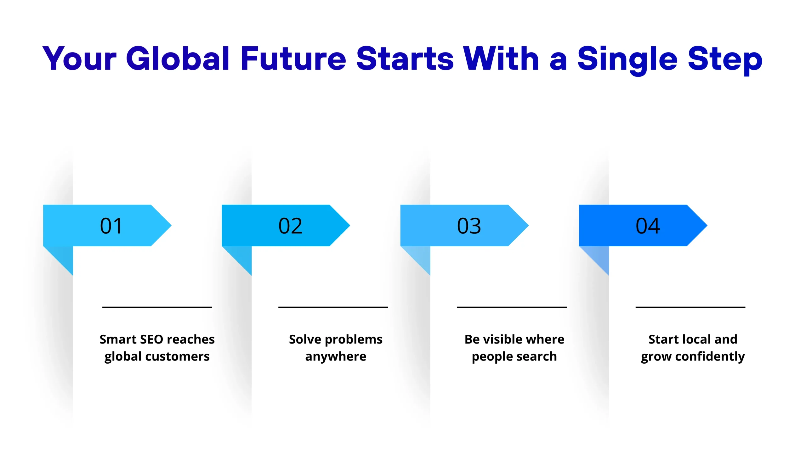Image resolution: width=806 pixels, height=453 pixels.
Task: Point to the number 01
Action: click(111, 226)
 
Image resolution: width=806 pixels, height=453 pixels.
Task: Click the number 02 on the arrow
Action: click(290, 226)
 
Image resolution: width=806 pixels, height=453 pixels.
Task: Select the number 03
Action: click(469, 226)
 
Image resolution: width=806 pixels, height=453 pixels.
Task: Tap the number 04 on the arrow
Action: click(648, 226)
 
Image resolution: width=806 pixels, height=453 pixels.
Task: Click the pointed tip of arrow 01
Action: click(171, 225)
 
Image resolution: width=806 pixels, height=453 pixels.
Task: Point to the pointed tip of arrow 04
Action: click(707, 225)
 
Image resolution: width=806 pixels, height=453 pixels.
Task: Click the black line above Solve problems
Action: click(333, 307)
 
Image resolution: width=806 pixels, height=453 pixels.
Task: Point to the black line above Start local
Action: click(690, 307)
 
